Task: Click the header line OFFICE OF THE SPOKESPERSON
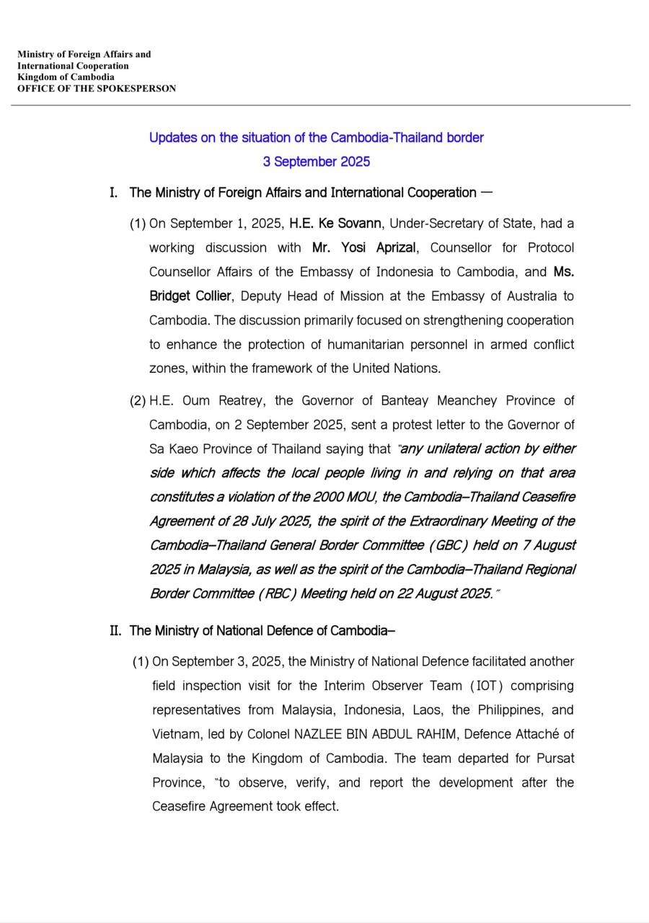tap(97, 89)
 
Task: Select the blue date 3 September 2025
tap(317, 162)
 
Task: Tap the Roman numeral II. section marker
tap(115, 631)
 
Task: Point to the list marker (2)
tap(138, 401)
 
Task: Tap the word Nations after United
tap(417, 368)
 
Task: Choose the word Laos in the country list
tap(428, 710)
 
